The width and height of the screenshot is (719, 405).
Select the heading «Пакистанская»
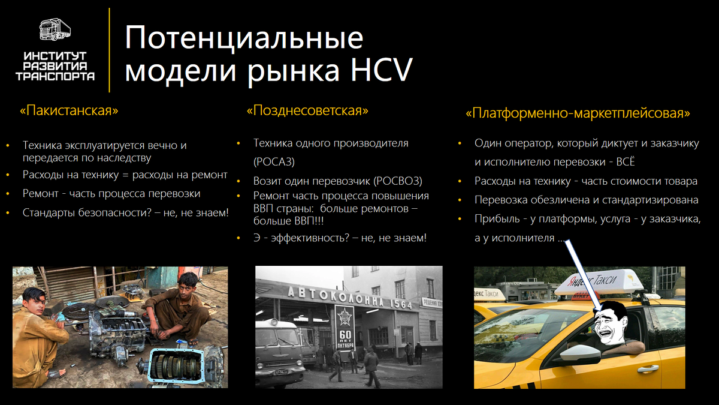pyautogui.click(x=68, y=111)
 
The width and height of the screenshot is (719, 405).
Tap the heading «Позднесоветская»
pyautogui.click(x=307, y=111)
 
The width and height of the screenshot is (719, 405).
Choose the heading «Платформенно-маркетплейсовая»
pyautogui.click(x=578, y=113)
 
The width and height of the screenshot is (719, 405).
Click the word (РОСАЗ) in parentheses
pyautogui.click(x=274, y=162)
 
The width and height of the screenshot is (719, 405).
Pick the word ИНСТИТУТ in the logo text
pyautogui.click(x=55, y=56)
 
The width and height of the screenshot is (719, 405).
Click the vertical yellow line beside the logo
pyautogui.click(x=109, y=50)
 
